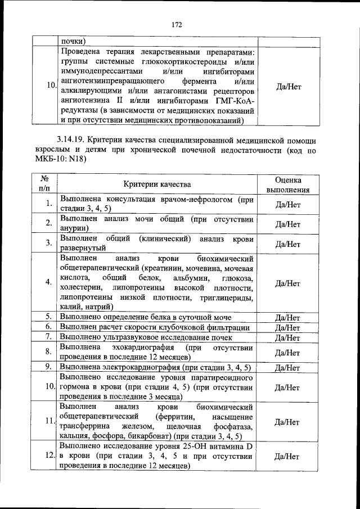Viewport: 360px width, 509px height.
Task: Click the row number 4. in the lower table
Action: tap(49, 281)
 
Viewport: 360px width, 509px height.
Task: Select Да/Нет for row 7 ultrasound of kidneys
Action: tap(287, 337)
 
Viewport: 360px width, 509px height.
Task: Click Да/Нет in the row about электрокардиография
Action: tap(287, 368)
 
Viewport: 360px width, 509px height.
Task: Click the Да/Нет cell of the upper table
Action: tap(287, 87)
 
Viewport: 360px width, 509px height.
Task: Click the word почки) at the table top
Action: tap(73, 40)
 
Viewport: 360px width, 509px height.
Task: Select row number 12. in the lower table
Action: tap(49, 457)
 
